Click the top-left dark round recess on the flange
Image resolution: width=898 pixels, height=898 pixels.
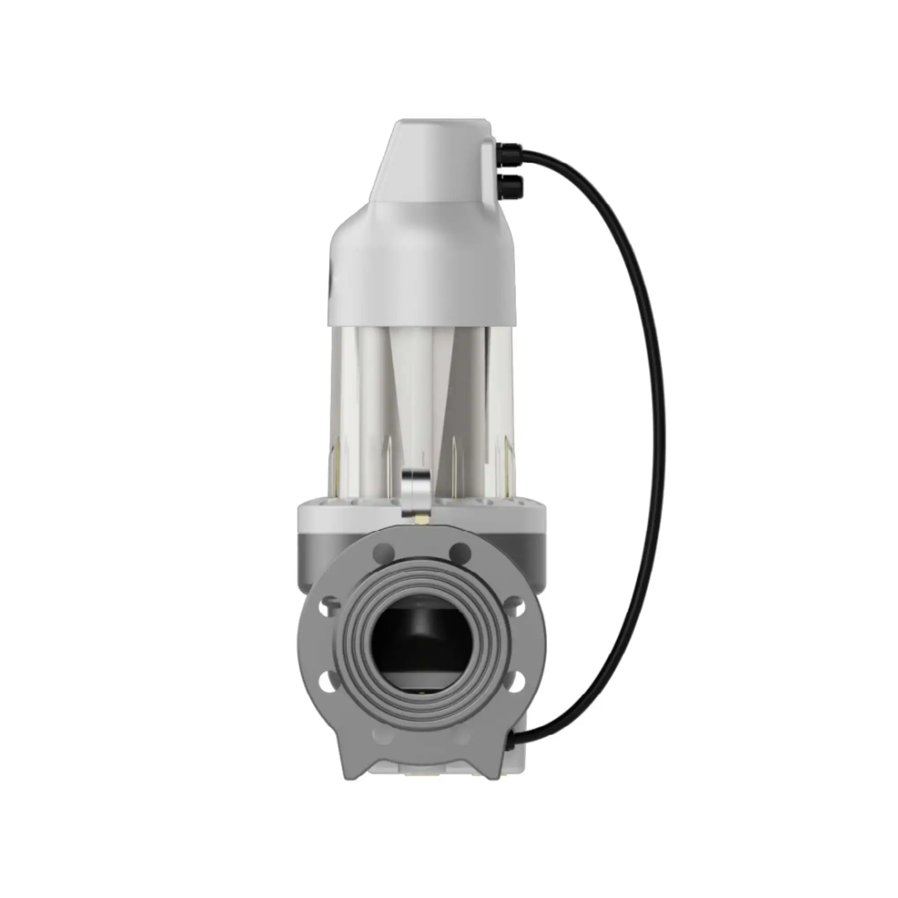(384, 552)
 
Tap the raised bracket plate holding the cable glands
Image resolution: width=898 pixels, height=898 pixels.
(488, 172)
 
